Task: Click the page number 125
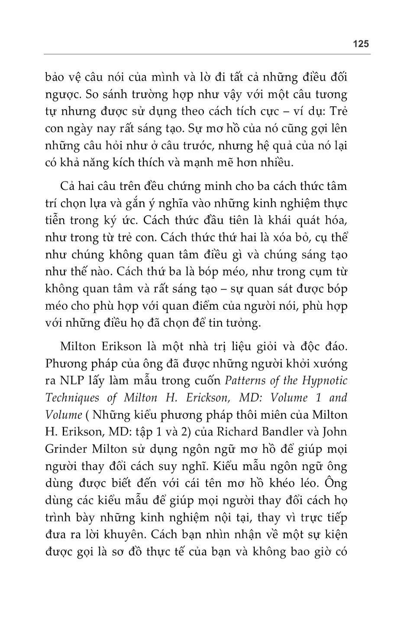pos(360,44)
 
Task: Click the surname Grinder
pos(64,449)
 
